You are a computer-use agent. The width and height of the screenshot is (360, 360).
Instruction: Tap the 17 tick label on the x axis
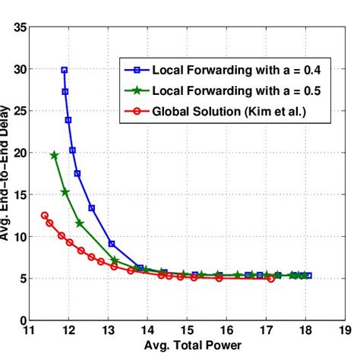point(266,330)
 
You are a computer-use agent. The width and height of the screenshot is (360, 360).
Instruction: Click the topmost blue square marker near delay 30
point(65,70)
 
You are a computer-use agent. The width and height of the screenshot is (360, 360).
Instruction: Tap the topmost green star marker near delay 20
point(54,155)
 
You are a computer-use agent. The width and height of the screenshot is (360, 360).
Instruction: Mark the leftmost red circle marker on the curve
point(45,216)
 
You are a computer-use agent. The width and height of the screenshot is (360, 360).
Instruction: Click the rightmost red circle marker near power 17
point(271,279)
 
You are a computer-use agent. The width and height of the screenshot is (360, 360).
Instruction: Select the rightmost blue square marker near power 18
point(308,275)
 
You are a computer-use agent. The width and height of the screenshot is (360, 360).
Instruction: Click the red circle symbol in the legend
point(138,112)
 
